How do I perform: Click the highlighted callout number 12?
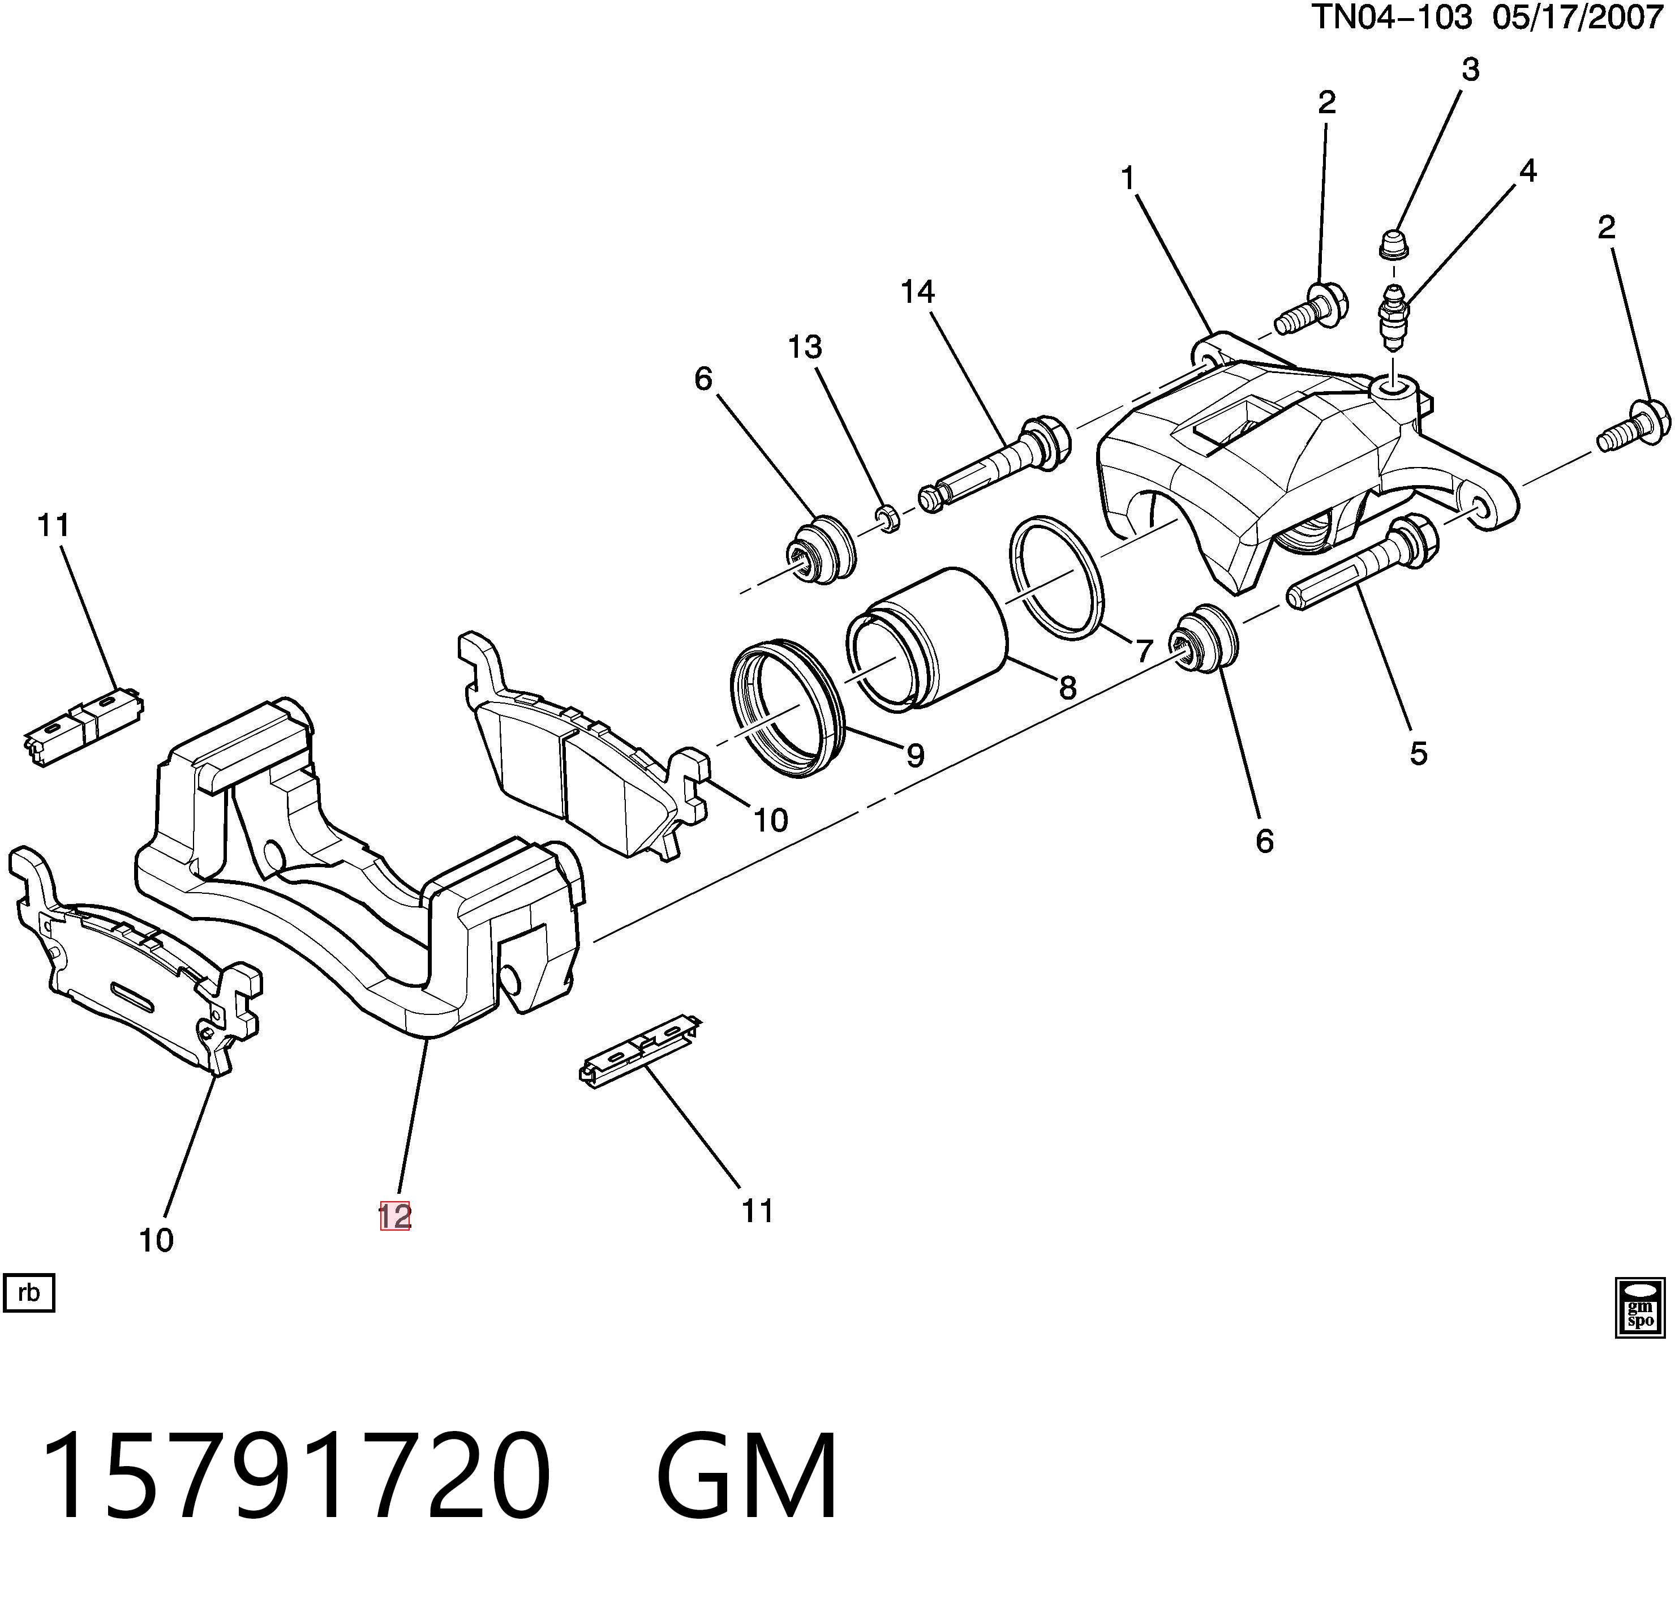pyautogui.click(x=395, y=1216)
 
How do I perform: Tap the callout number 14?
pyautogui.click(x=918, y=292)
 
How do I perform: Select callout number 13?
pyautogui.click(x=805, y=347)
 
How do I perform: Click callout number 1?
pyautogui.click(x=1128, y=179)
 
